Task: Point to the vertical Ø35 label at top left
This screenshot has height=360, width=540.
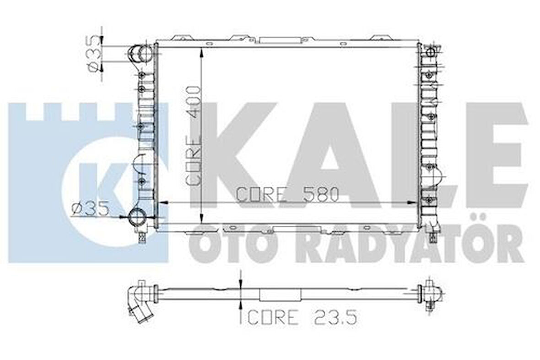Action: (x=93, y=54)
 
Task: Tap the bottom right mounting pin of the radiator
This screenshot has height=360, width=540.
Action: (x=432, y=237)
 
